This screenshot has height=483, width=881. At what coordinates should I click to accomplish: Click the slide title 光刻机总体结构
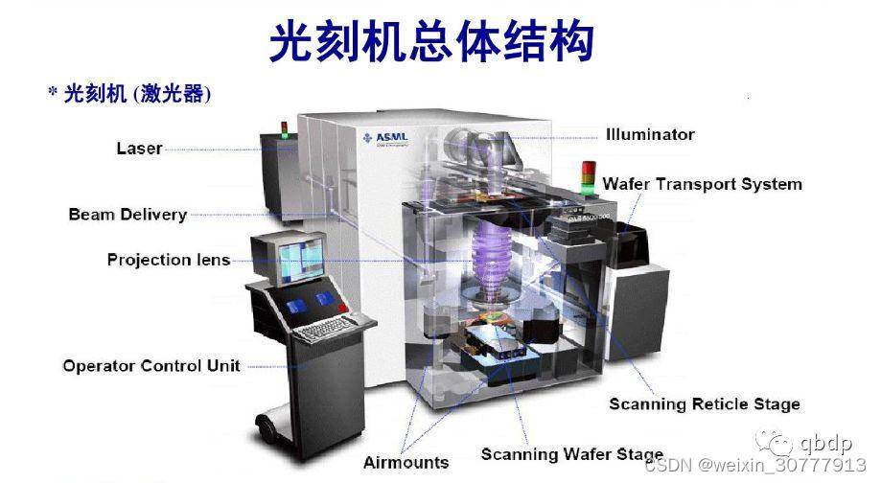(x=430, y=43)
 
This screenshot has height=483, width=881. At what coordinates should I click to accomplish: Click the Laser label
(x=139, y=149)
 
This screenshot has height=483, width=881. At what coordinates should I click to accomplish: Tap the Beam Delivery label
(x=128, y=214)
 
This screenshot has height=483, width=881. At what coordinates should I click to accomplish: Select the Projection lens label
(x=169, y=260)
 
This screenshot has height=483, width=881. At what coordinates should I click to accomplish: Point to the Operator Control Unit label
(x=151, y=366)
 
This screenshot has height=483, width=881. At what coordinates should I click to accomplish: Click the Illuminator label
(x=650, y=134)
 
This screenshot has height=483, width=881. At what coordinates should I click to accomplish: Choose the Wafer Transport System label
(x=702, y=184)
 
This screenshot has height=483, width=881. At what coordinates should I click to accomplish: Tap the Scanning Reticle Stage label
(x=704, y=404)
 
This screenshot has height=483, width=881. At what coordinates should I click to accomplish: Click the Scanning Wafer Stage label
(x=571, y=454)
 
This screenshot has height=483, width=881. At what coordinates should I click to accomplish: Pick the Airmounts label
(x=406, y=463)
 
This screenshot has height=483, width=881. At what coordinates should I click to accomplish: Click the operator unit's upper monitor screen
(x=296, y=256)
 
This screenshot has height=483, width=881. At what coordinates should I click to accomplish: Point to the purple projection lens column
(x=490, y=259)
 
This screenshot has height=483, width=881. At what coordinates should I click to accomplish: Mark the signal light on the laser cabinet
(x=284, y=130)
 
